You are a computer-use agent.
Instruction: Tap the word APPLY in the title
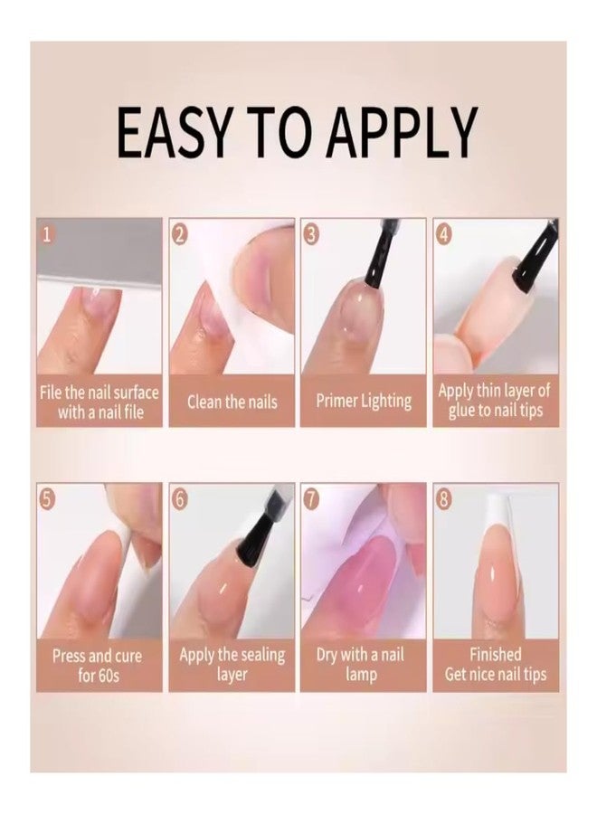[x=402, y=132]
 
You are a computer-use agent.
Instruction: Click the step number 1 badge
[x=48, y=235]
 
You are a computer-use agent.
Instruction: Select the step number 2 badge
[x=180, y=235]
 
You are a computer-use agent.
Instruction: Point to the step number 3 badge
[x=312, y=235]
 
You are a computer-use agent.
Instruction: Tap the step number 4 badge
[x=444, y=235]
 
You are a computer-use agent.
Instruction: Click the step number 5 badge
[x=48, y=499]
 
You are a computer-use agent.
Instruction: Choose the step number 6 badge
[x=180, y=499]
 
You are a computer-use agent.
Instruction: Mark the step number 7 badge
[x=312, y=499]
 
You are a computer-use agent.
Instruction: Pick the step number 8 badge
[x=444, y=499]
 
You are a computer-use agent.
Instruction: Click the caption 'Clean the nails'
[x=232, y=402]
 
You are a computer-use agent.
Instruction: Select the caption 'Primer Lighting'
[x=364, y=402]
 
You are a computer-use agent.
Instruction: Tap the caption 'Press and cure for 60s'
[x=99, y=665]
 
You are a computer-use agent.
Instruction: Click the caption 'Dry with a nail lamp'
[x=364, y=665]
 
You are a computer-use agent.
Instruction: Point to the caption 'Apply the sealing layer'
[x=232, y=665]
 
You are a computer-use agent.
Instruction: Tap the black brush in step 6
[x=255, y=538]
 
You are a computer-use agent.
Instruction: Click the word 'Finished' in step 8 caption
[x=495, y=654]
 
